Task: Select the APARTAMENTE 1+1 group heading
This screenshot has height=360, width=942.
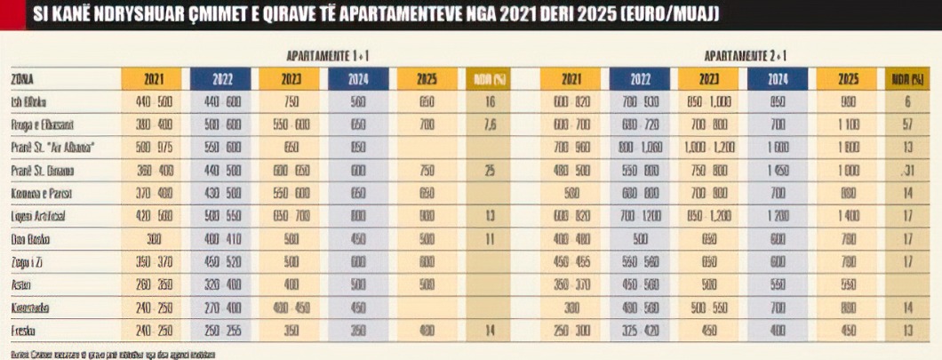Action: coord(328,55)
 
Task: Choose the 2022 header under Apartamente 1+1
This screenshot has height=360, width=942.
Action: coord(222,78)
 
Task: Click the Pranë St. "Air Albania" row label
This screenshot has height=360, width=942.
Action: coord(52,146)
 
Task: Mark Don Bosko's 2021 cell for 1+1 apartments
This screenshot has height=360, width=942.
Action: coord(152,238)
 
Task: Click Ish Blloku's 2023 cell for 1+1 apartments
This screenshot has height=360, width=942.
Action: coord(291,100)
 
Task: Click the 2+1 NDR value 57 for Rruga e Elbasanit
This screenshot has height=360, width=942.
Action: coord(906,124)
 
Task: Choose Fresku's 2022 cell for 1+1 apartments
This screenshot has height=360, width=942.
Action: coord(222,331)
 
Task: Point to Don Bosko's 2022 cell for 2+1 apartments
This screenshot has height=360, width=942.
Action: coord(641,238)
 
